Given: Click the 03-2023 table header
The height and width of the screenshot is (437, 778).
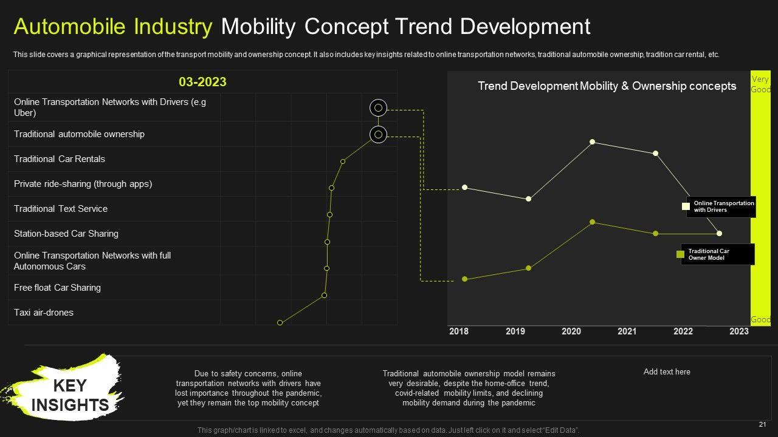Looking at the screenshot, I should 202,82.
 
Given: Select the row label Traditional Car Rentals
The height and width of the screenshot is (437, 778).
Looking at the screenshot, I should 60,159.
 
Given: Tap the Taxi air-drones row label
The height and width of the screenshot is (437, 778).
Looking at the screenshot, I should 44,313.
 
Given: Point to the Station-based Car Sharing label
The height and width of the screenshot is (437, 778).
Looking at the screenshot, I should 66,234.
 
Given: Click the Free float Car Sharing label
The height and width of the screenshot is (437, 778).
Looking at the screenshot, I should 57,288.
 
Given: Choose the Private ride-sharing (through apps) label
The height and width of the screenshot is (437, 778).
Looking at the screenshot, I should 83,184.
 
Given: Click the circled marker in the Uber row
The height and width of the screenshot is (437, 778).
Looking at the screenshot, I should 378,108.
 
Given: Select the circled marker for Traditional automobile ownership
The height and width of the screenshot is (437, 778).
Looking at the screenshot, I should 378,134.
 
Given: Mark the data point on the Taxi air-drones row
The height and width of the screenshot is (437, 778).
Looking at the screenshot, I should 280,323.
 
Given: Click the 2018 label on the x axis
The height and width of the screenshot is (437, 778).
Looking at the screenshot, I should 459,331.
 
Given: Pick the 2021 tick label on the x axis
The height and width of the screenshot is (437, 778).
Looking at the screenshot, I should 627,331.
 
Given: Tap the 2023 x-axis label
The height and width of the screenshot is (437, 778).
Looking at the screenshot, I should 739,331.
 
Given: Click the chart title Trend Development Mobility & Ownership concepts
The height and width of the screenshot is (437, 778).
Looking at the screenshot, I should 607,86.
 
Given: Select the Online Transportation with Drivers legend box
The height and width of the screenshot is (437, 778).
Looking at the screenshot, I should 720,207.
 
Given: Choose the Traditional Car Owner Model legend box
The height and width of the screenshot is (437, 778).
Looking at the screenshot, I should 717,254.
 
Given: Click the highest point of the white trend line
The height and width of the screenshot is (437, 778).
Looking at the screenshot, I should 592,142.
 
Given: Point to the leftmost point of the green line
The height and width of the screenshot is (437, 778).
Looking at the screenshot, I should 465,279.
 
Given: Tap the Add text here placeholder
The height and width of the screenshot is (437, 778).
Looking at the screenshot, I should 667,372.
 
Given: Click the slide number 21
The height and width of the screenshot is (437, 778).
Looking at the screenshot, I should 762,424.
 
